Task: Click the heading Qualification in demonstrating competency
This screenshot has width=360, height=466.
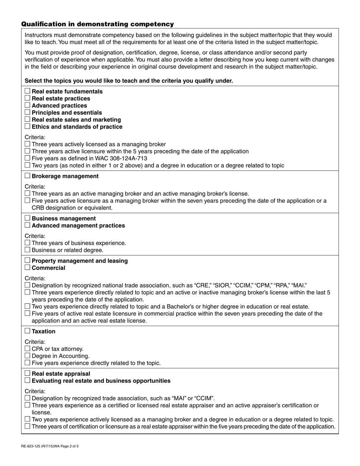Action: [97, 24]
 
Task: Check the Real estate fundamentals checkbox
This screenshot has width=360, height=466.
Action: [27, 91]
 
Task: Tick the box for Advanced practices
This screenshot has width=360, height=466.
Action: [27, 105]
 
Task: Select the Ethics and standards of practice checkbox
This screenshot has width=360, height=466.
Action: [27, 127]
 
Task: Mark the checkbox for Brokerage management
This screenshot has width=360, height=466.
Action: [27, 176]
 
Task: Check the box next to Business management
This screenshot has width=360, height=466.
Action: [27, 218]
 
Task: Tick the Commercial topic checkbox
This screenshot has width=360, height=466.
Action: [27, 267]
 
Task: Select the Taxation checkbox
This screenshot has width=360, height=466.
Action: [27, 331]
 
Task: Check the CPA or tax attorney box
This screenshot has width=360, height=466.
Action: [27, 349]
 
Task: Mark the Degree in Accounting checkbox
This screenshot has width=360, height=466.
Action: [27, 355]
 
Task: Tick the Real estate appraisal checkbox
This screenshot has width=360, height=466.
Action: [27, 374]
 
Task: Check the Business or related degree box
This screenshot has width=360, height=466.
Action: [27, 250]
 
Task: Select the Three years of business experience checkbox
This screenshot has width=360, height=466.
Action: [27, 243]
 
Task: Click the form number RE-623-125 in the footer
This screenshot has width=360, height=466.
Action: [33, 446]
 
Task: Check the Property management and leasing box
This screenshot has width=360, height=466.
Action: [27, 261]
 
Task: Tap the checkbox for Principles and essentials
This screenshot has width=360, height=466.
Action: [27, 113]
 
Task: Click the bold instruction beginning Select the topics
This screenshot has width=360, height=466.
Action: [129, 81]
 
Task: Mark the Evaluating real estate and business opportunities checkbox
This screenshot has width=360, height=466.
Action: [27, 380]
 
